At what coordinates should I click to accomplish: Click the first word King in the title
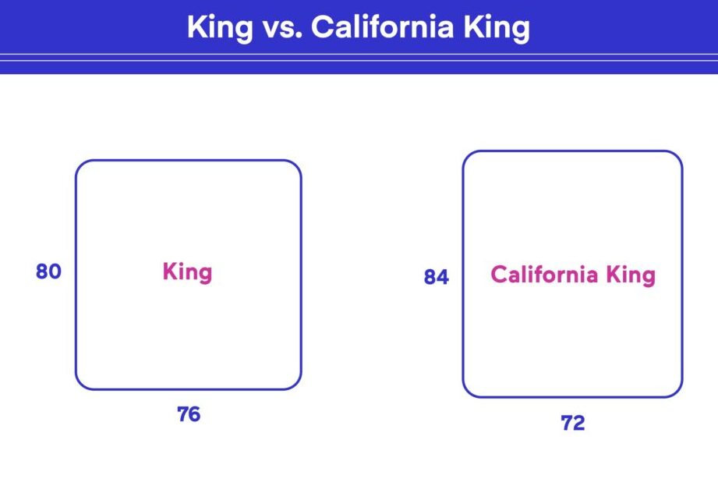tap(220, 28)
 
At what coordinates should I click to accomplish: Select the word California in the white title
tap(382, 27)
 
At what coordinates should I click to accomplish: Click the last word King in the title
tap(497, 28)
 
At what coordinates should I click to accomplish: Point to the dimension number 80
tap(48, 271)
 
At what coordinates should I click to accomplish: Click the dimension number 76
tap(189, 414)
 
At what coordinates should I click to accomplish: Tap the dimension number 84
tap(437, 277)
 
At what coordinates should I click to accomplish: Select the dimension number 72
tap(573, 423)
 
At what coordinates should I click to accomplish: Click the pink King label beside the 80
tap(187, 273)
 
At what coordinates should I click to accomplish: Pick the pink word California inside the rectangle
tap(544, 274)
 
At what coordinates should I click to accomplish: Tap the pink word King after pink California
tap(631, 275)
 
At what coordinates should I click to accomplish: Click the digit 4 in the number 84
tap(443, 277)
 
